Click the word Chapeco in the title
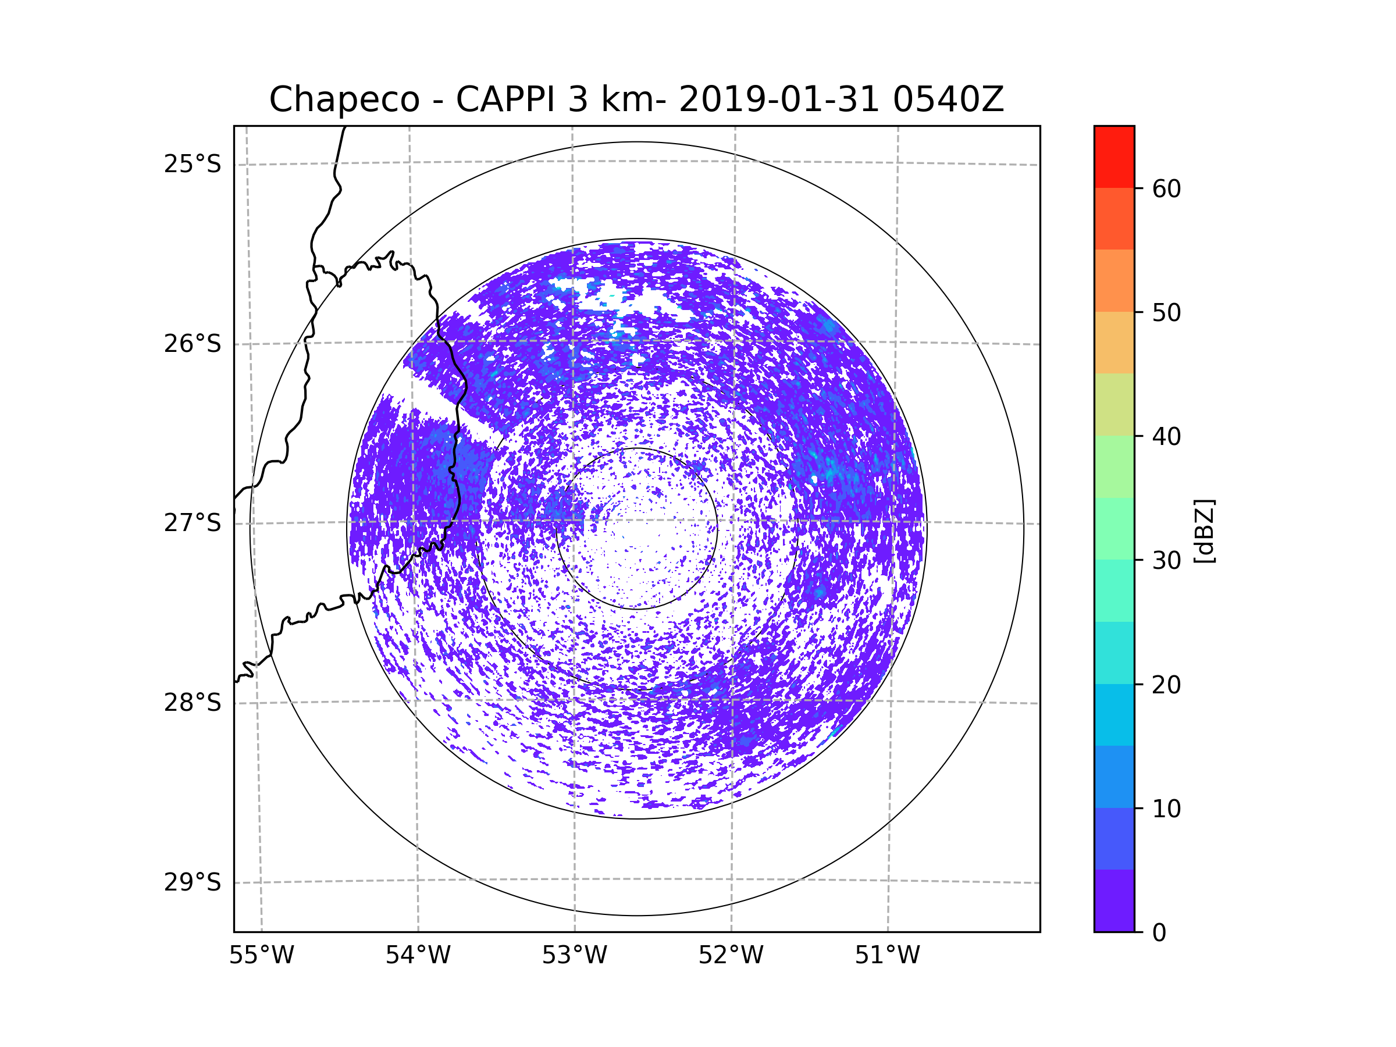point(344,99)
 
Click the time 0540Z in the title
point(948,99)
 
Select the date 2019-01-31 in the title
point(779,99)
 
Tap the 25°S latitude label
point(193,164)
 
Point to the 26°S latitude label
point(193,344)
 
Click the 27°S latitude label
point(193,523)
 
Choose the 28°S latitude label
point(193,703)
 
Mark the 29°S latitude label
point(193,882)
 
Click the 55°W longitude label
point(261,956)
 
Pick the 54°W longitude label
point(418,956)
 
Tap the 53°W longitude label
point(574,956)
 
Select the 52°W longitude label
point(731,956)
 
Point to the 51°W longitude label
point(887,956)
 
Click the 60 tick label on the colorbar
point(1166,188)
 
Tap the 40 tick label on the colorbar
point(1166,437)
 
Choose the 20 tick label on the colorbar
point(1166,685)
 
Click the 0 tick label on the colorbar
point(1159,933)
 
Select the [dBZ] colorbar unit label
point(1204,530)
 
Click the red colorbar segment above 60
point(1114,156)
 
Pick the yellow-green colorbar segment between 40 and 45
point(1114,404)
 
